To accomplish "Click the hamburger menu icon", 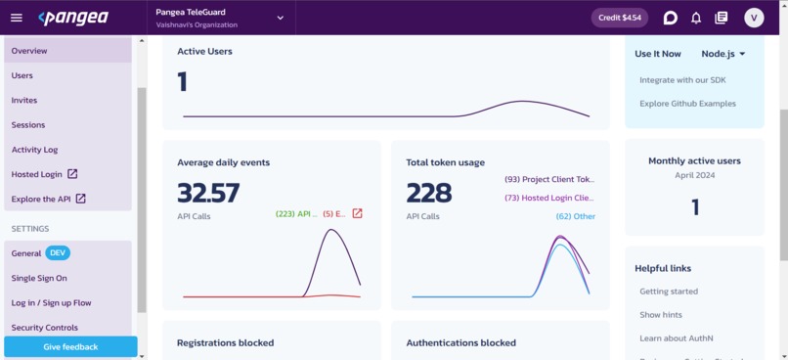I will pyautogui.click(x=16, y=18).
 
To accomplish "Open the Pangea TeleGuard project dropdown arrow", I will pyautogui.click(x=280, y=18).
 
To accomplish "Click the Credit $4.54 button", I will pyautogui.click(x=619, y=18).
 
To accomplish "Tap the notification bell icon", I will pyautogui.click(x=696, y=18).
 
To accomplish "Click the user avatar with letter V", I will pyautogui.click(x=753, y=18).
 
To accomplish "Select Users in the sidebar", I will pyautogui.click(x=22, y=75).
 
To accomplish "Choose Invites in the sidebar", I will pyautogui.click(x=24, y=100).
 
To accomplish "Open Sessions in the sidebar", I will pyautogui.click(x=28, y=125).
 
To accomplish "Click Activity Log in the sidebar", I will pyautogui.click(x=34, y=150).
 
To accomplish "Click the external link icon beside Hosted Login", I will pyautogui.click(x=72, y=174).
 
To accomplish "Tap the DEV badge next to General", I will pyautogui.click(x=57, y=253).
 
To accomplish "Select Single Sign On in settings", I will pyautogui.click(x=39, y=278).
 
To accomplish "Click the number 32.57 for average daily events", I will pyautogui.click(x=208, y=193).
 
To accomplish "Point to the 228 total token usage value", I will pyautogui.click(x=428, y=193).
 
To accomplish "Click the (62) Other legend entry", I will pyautogui.click(x=575, y=216).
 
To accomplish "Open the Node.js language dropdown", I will pyautogui.click(x=723, y=54).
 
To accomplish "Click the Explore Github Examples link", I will pyautogui.click(x=687, y=104).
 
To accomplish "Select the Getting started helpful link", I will pyautogui.click(x=669, y=292).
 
